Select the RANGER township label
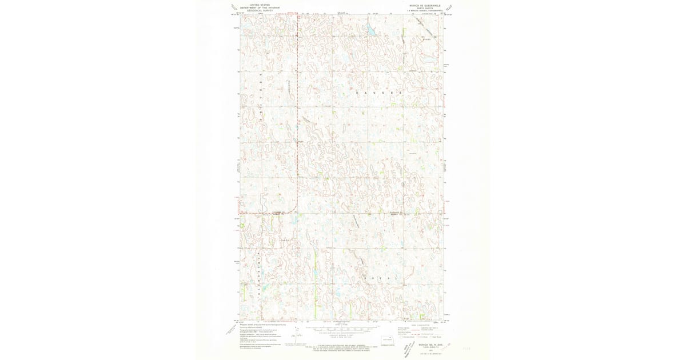374,92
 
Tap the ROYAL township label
377,277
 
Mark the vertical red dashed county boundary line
297,114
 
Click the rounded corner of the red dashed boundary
296,210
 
